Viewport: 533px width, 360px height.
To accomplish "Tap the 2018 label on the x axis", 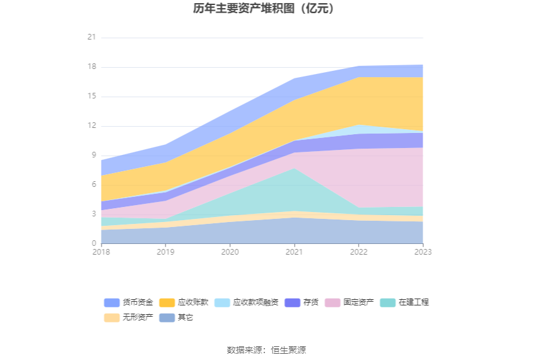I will [x=101, y=252].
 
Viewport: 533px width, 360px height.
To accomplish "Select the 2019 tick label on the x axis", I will [x=166, y=252].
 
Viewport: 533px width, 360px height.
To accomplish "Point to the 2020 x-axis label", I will [x=230, y=252].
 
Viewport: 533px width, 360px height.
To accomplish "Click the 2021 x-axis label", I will [x=294, y=252].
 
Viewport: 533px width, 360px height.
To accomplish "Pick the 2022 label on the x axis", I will [x=359, y=252].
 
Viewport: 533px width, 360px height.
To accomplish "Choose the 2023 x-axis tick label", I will [x=423, y=252].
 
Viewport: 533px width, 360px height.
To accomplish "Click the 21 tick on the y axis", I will [x=92, y=38].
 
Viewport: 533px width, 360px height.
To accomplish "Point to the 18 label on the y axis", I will [x=92, y=67].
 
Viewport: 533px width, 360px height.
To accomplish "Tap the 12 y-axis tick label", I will [x=92, y=126].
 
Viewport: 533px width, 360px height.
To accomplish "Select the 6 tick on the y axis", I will [x=93, y=185].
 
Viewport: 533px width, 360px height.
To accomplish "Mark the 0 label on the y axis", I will [x=93, y=244].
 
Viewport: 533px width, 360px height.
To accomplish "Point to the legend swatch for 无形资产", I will [x=112, y=317].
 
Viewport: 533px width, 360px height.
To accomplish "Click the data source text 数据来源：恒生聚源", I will [x=266, y=350].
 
